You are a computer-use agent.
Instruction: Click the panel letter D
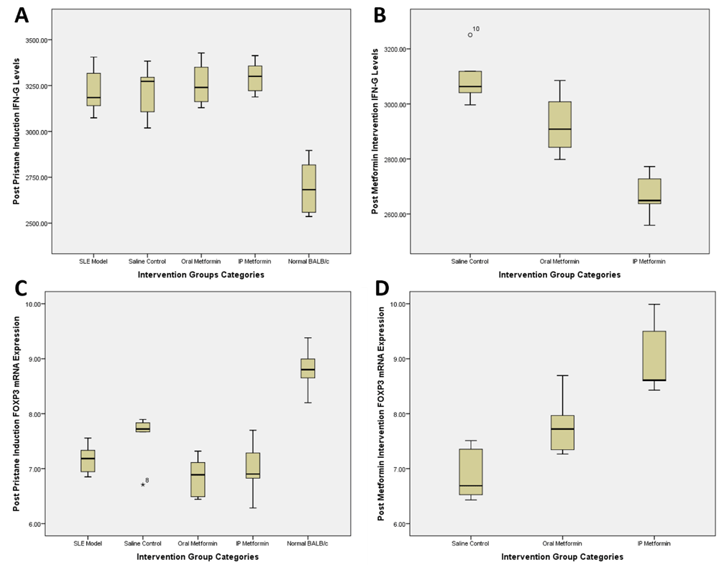382,290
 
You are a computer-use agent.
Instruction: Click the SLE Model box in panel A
93,89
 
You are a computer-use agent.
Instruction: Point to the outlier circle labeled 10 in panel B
470,35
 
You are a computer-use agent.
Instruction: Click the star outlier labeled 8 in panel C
143,485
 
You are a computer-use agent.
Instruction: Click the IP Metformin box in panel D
653,355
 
